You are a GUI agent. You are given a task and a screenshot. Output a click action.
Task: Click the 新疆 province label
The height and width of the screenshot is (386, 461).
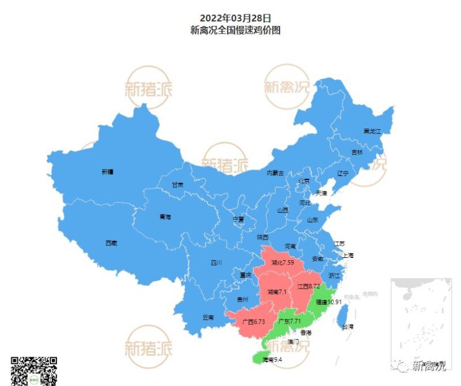108,171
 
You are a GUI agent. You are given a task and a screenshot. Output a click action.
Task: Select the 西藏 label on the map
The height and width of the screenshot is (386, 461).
111,243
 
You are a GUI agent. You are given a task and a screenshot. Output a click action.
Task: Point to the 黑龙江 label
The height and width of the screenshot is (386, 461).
372,132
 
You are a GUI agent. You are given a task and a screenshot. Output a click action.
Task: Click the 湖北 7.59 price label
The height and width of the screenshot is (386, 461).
283,263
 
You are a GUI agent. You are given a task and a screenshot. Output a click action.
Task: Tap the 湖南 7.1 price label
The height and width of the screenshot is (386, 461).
277,292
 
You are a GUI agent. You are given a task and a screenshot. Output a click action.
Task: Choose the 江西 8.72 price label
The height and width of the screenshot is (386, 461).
308,286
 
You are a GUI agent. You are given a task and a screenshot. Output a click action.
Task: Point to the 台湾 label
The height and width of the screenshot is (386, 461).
347,327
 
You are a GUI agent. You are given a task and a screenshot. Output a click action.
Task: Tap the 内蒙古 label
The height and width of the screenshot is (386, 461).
275,173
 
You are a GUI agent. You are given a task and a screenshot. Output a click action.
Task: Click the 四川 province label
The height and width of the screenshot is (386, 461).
216,263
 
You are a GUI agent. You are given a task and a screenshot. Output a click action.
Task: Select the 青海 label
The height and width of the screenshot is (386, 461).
165,217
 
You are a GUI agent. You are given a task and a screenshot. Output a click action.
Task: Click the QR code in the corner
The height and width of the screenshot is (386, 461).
34,371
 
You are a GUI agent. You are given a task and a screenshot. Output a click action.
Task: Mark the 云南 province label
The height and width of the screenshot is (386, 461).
208,317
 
